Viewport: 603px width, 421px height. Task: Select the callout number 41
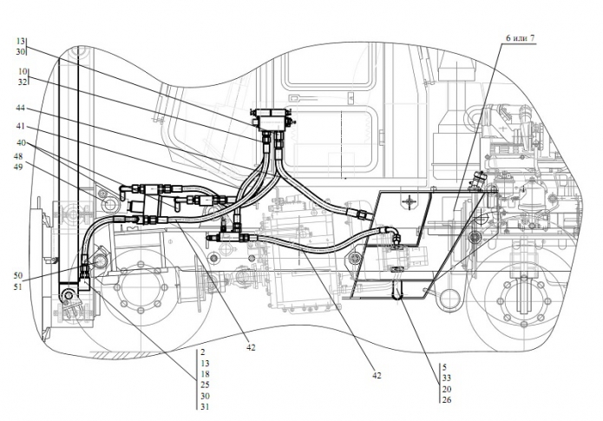19,125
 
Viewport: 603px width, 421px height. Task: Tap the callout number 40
19,142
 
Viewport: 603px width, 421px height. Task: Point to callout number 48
19,156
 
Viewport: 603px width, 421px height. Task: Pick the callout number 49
19,168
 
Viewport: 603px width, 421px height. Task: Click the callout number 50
17,275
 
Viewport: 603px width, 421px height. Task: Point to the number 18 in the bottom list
205,373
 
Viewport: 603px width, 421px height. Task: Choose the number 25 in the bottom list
205,385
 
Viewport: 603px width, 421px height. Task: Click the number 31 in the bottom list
205,406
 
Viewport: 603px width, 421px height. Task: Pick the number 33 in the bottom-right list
446,378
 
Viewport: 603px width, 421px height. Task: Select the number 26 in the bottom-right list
446,399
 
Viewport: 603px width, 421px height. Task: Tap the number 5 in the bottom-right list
443,367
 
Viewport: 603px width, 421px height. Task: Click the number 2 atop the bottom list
201,352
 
